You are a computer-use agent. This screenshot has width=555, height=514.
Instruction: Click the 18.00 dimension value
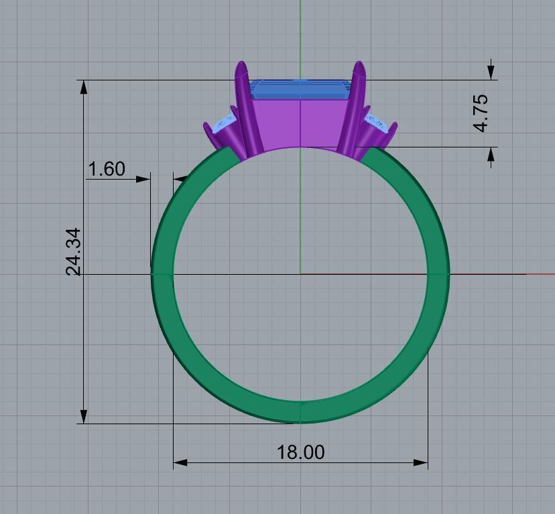point(300,452)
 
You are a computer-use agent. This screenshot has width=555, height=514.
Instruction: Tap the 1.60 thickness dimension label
point(107,169)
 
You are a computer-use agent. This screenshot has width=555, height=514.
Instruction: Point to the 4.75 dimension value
point(481,113)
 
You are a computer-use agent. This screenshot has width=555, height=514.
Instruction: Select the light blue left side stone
point(223,124)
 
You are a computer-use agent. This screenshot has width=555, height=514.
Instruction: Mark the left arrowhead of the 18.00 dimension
point(179,462)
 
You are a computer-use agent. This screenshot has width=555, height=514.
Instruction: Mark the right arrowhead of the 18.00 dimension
point(422,462)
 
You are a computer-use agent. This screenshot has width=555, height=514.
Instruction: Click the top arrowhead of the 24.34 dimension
point(84,86)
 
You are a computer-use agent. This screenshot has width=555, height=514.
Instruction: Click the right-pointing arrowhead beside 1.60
point(143,179)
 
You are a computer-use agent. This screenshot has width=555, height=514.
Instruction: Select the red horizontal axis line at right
point(540,274)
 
